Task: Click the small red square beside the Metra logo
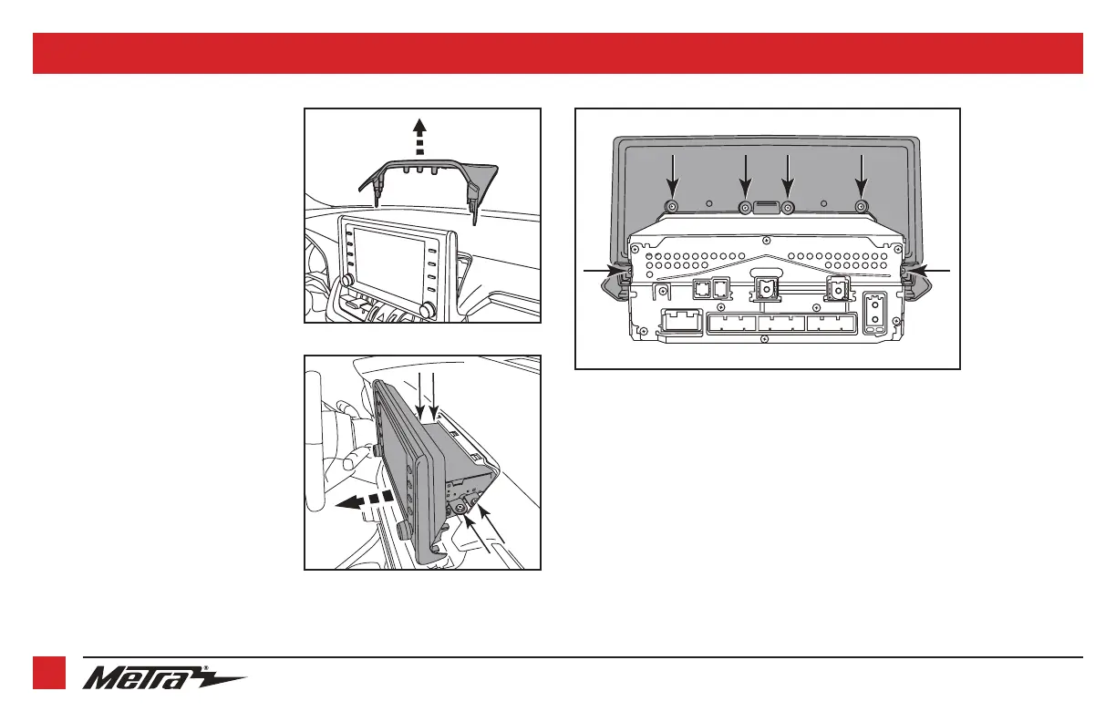click(48, 674)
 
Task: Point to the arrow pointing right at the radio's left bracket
click(602, 271)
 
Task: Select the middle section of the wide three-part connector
click(782, 325)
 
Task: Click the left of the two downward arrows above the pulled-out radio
click(418, 393)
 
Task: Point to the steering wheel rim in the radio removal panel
click(314, 438)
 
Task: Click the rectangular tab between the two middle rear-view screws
click(767, 207)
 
